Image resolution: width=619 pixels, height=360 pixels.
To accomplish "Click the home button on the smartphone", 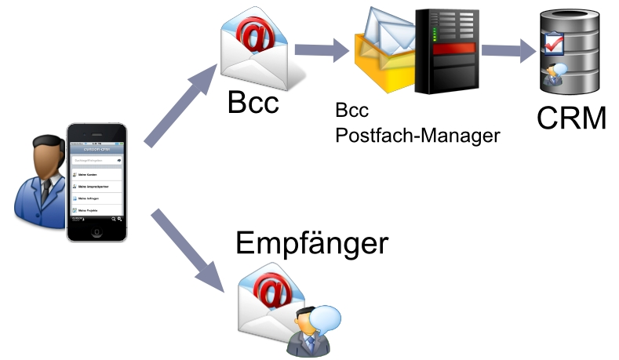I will point(97,231).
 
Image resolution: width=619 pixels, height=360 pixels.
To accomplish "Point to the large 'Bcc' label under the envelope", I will point(253,101).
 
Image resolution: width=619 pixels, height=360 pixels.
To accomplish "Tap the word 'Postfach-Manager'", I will point(417,135).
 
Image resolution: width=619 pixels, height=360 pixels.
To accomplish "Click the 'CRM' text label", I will point(572,118).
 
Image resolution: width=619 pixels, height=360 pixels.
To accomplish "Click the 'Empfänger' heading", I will point(311,243).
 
